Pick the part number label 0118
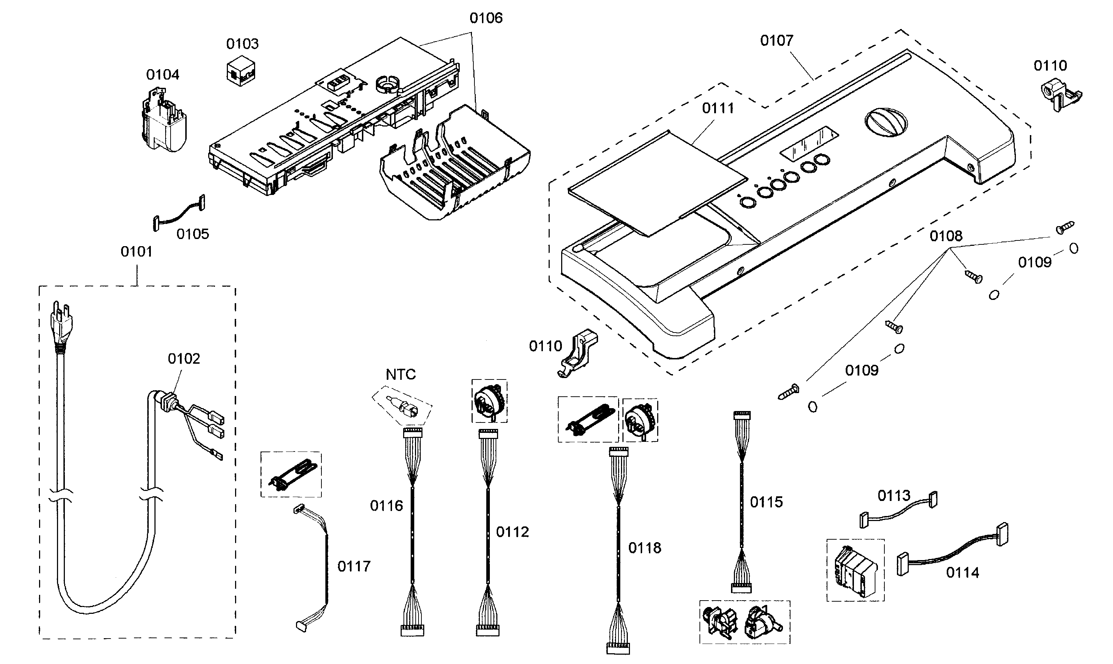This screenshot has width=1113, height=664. pyautogui.click(x=644, y=548)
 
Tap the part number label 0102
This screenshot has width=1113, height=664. pyautogui.click(x=183, y=358)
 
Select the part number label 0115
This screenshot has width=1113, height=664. pyautogui.click(x=766, y=502)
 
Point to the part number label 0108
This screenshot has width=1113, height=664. pyautogui.click(x=946, y=236)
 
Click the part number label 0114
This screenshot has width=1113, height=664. pyautogui.click(x=962, y=572)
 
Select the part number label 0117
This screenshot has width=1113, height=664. pyautogui.click(x=353, y=567)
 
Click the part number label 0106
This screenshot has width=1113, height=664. pyautogui.click(x=486, y=18)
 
